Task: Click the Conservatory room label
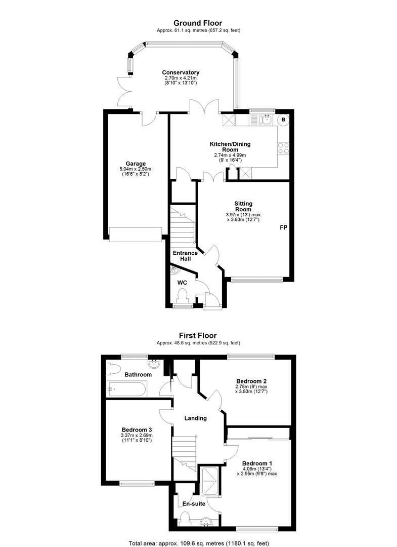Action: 181,72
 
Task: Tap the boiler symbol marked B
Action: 284,120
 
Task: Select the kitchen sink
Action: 267,120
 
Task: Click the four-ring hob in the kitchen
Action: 283,148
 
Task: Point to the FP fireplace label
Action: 284,227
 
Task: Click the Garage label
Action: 136,164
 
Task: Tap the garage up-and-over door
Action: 136,235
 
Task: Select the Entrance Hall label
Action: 185,256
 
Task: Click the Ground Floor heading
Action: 198,23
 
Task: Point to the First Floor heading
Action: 198,336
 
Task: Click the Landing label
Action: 195,418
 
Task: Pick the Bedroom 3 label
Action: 137,430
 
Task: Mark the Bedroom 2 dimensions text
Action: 252,389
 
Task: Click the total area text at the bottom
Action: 198,543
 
